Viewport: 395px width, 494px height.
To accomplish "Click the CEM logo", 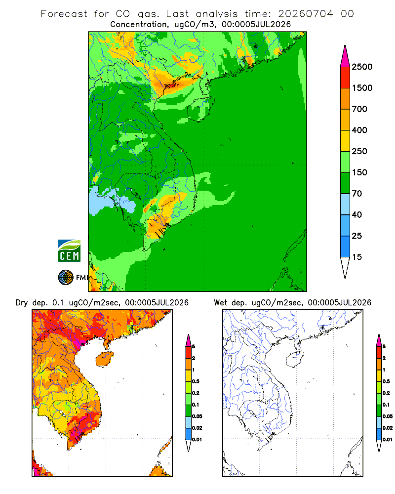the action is [69, 251].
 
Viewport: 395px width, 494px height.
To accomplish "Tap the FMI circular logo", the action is [66, 277].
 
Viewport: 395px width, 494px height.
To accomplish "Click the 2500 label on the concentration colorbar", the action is [362, 67].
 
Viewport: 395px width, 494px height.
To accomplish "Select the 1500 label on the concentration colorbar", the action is [362, 88].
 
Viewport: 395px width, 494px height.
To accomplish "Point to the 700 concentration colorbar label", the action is [359, 109].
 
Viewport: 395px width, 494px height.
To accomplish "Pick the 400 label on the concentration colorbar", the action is [359, 130].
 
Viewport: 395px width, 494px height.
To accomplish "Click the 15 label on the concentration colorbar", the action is [357, 257].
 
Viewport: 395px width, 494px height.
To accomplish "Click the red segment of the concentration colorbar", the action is [345, 78].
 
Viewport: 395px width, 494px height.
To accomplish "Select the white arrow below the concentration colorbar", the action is [345, 267].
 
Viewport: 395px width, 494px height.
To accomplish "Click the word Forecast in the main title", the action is [64, 14].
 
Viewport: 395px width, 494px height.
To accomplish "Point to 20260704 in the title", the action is [305, 14].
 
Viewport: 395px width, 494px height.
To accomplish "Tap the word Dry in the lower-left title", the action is [22, 303].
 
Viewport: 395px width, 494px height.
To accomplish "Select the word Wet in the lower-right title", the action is [221, 303].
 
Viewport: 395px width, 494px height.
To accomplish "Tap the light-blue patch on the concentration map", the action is [109, 202].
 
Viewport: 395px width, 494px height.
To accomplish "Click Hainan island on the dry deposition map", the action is [105, 359].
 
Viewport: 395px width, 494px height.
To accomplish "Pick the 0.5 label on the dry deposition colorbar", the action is [196, 381].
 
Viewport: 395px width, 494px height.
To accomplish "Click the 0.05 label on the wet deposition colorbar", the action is [388, 416].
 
